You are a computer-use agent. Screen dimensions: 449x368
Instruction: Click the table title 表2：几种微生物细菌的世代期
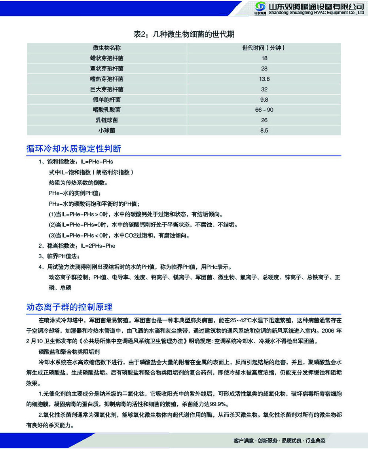coord(184,34)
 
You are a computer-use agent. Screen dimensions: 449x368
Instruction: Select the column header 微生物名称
coord(107,48)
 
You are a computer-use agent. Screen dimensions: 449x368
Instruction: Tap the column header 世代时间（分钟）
coord(264,48)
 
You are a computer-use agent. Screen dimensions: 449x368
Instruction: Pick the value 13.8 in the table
coord(264,79)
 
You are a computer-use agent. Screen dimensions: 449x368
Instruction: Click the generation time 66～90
coord(264,110)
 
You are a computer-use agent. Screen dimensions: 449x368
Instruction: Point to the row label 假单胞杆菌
coord(107,99)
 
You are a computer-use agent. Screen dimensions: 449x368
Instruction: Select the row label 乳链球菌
coord(107,120)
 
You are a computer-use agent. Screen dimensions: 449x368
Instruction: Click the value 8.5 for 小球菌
coord(264,130)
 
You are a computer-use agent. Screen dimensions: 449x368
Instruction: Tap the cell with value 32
coord(264,89)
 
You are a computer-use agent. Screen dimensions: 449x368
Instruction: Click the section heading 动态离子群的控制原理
coord(69,306)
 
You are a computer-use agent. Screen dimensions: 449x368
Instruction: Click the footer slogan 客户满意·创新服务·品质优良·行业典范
coord(280,440)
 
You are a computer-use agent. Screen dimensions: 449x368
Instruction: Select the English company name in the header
coord(316,13)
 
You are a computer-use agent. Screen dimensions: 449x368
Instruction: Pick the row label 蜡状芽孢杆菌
coord(107,58)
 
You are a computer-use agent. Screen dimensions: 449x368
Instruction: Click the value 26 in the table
coord(264,120)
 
